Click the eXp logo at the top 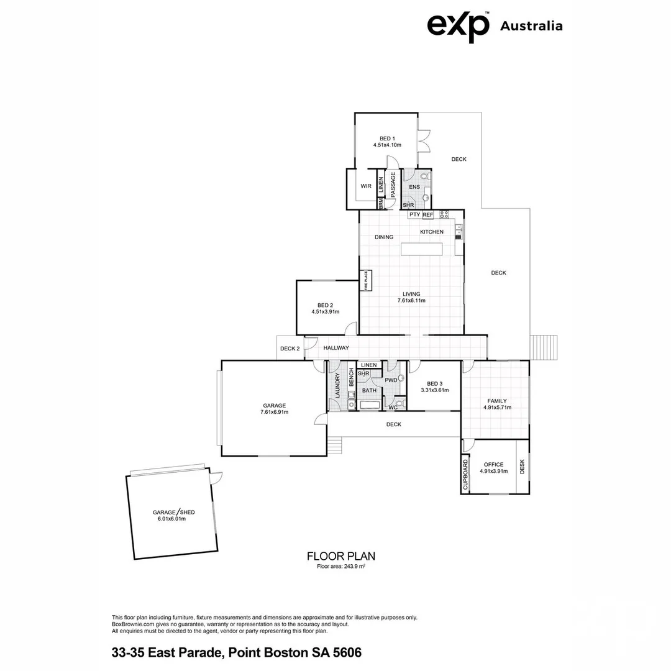click(458, 26)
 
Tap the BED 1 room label click(387, 139)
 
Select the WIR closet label click(366, 186)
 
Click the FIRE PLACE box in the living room click(367, 281)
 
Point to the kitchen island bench click(422, 249)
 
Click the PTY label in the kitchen click(414, 215)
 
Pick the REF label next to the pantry click(427, 215)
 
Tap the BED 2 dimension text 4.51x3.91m click(325, 312)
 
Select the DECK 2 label click(290, 349)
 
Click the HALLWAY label click(335, 348)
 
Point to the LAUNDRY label click(337, 386)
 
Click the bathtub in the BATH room click(370, 405)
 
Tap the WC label click(393, 408)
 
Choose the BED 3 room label click(434, 383)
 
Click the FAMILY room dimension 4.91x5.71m click(496, 408)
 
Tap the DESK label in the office click(522, 466)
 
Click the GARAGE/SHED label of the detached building click(174, 513)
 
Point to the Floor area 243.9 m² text click(340, 566)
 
